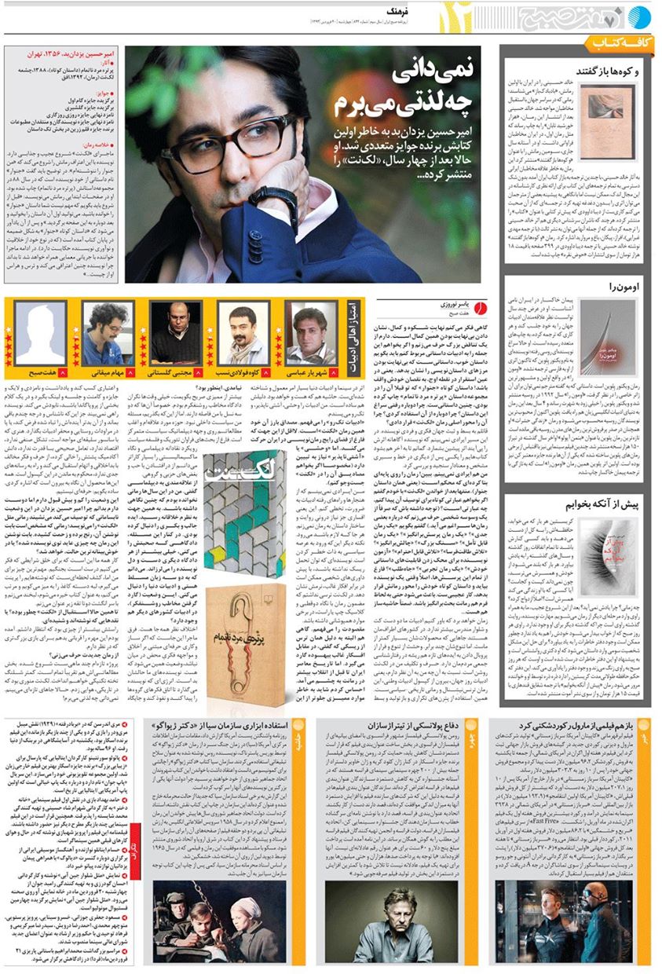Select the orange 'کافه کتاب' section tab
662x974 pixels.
pyautogui.click(x=619, y=41)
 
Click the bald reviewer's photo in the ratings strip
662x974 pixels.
pyautogui.click(x=175, y=332)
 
